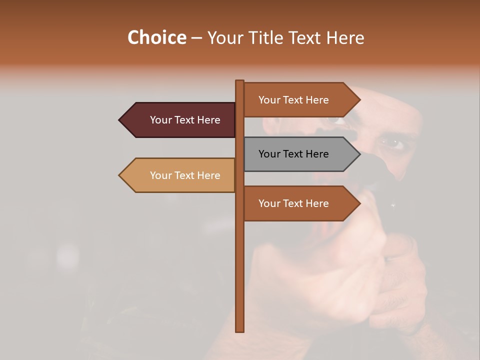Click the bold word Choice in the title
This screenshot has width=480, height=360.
156,37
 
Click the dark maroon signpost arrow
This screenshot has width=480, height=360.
180,120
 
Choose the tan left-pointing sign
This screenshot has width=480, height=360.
180,175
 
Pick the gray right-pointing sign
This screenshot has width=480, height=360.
300,154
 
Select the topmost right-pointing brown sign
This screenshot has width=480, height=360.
300,100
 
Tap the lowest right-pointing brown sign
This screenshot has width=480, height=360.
300,203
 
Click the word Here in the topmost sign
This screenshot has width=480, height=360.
317,100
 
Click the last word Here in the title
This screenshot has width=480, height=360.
345,37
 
